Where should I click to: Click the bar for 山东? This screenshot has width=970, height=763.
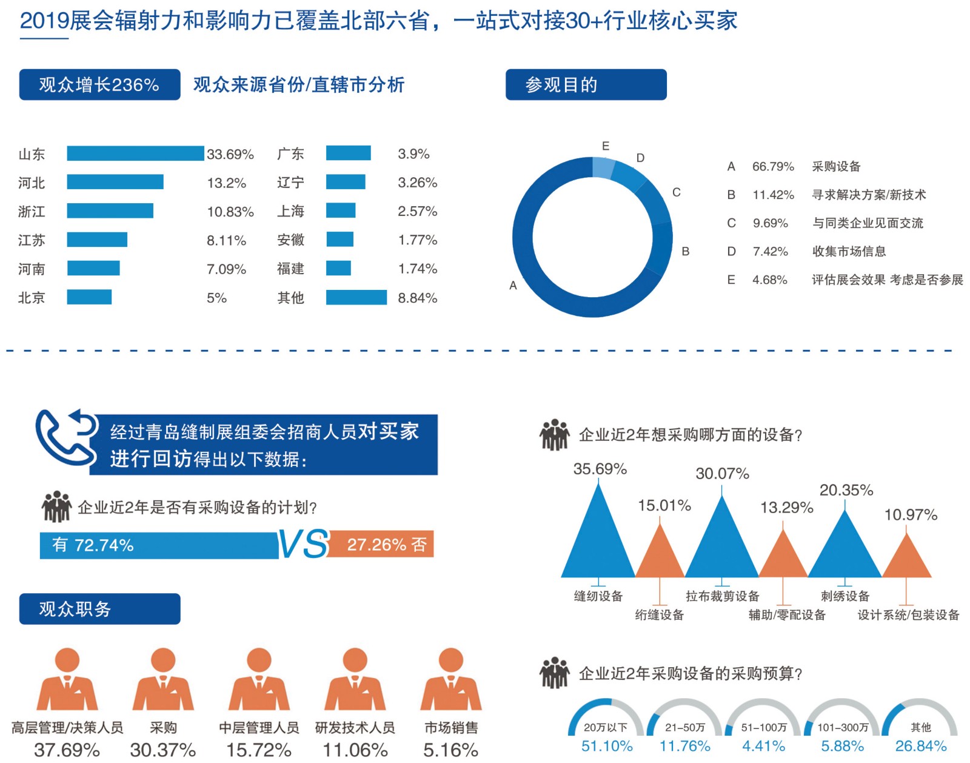(x=135, y=153)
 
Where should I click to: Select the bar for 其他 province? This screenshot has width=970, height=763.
(x=356, y=297)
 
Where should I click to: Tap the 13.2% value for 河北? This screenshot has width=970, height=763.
(x=226, y=183)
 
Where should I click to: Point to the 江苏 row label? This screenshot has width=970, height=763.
(x=32, y=240)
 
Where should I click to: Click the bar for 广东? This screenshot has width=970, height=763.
(x=348, y=153)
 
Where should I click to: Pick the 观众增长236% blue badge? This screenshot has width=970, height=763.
(x=99, y=84)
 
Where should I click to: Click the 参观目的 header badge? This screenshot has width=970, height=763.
(x=586, y=84)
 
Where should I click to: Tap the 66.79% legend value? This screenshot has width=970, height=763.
(x=773, y=166)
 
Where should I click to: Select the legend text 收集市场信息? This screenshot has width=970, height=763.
(x=849, y=251)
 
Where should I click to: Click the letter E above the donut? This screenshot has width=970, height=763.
(x=606, y=146)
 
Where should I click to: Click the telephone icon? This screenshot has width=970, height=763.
(x=64, y=437)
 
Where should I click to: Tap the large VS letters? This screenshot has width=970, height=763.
(x=303, y=544)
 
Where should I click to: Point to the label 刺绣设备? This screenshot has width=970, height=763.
(x=845, y=596)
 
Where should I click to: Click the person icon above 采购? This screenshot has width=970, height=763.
(x=163, y=679)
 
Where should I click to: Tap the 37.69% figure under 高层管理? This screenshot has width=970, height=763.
(x=67, y=750)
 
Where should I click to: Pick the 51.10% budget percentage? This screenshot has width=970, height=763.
(x=607, y=746)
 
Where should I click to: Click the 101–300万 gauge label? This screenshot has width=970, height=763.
(x=843, y=727)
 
